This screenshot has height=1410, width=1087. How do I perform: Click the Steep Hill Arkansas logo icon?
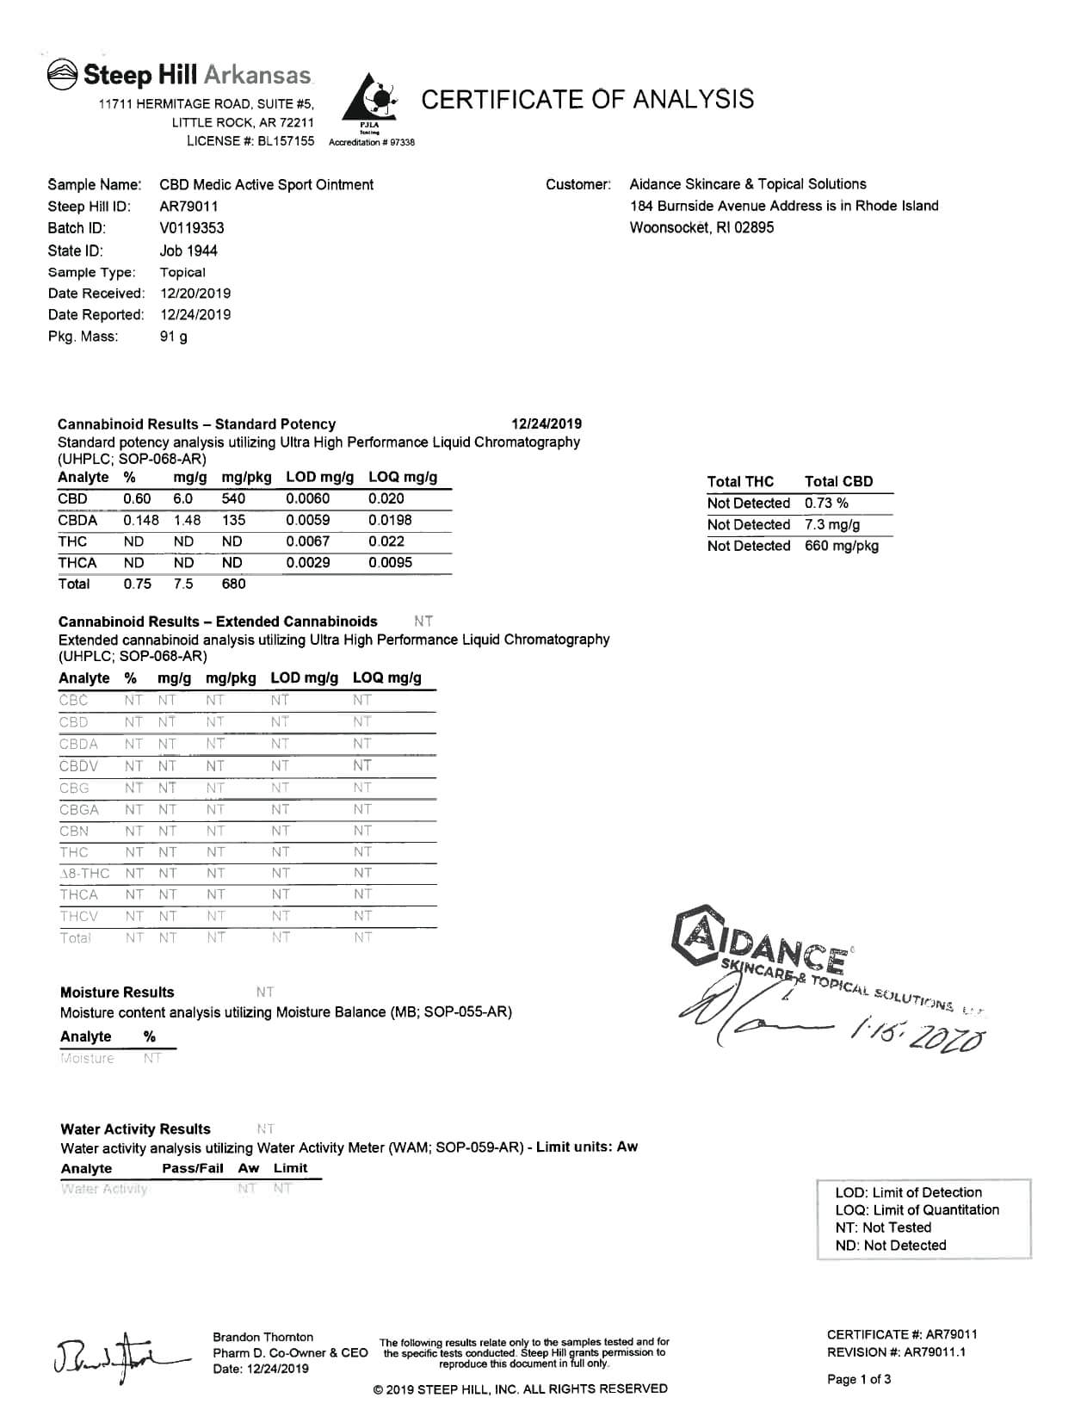point(62,75)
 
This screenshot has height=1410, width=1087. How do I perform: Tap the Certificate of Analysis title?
point(588,99)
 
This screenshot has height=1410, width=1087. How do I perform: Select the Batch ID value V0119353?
point(192,228)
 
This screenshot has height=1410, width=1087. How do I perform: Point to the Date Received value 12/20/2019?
point(195,294)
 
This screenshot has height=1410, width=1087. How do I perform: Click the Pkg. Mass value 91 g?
point(173,337)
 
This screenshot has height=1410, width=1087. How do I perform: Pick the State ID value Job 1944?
point(188,250)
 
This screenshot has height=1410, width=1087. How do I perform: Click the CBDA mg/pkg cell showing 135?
point(233,520)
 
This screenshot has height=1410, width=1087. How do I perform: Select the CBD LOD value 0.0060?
point(307,498)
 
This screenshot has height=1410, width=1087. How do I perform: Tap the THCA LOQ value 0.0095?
point(390,562)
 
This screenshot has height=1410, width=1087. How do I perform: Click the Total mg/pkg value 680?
point(233,584)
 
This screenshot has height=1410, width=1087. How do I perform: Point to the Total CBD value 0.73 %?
point(826,503)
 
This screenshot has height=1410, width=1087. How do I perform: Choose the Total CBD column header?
point(838,481)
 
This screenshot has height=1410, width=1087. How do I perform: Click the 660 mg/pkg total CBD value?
point(841,546)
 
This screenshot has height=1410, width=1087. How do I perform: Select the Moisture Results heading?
point(117,993)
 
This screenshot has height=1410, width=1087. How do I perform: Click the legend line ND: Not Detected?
point(890,1246)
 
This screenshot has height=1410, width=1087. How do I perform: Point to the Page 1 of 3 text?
point(859,1380)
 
